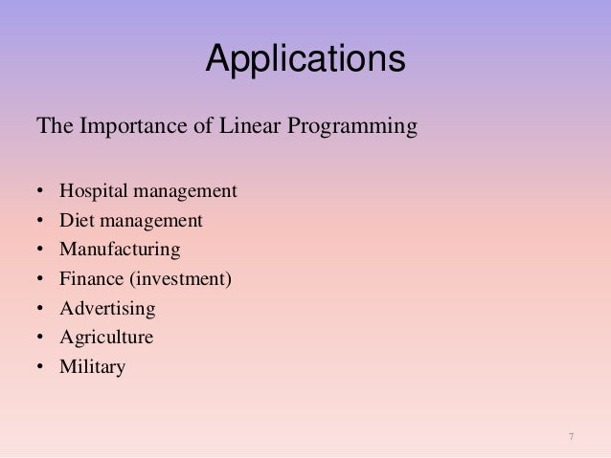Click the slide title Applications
coord(305,59)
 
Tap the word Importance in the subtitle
coord(120,125)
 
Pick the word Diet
coord(76,221)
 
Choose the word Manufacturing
coord(120,251)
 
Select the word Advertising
coord(107,309)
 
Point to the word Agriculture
coord(106,338)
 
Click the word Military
coord(92,367)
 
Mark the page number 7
coord(571,437)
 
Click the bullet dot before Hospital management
coord(40,192)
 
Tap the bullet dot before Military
coord(40,367)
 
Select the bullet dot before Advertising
coord(40,309)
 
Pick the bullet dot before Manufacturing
coord(40,251)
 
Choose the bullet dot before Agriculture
coord(40,338)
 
